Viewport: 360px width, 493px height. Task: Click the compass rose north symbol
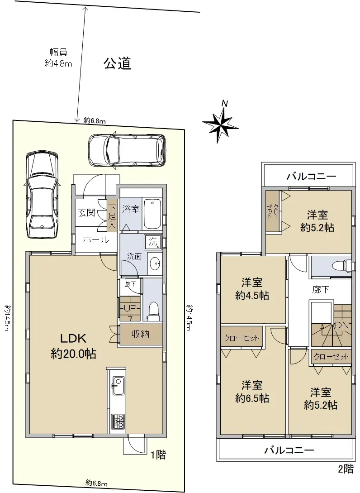(x=220, y=122)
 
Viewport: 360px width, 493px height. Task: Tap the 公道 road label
(x=117, y=63)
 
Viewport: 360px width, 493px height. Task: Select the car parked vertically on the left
(x=42, y=195)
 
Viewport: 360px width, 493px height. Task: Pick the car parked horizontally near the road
(x=126, y=150)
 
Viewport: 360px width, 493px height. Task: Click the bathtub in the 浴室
(x=152, y=214)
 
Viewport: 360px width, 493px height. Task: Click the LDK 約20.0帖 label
(x=73, y=346)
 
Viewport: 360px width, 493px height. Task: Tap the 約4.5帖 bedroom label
(x=252, y=289)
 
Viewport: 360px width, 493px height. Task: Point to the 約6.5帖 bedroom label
(x=252, y=392)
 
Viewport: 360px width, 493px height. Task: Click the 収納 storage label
(x=140, y=334)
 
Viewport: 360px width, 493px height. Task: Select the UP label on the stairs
(x=130, y=308)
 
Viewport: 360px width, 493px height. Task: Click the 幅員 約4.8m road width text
(x=59, y=57)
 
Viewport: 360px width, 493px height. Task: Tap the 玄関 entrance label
(x=87, y=213)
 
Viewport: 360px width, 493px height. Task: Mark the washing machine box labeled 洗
(x=153, y=242)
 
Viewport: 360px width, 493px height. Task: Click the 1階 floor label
(x=158, y=455)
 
